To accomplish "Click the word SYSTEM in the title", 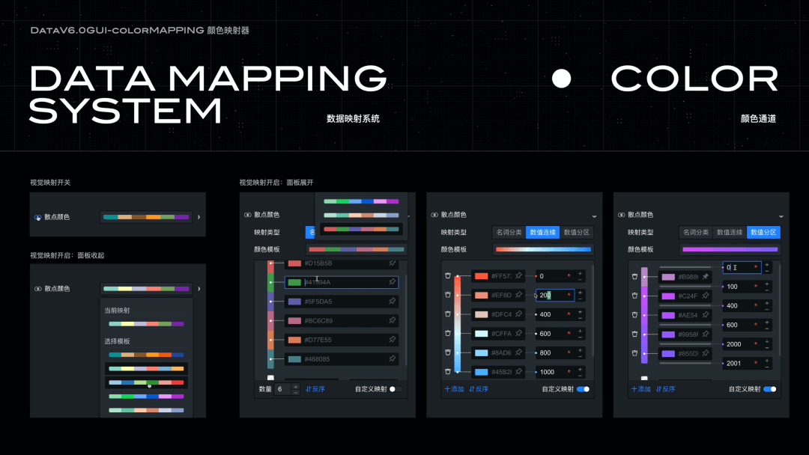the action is (125, 111).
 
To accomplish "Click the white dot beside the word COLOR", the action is (561, 79).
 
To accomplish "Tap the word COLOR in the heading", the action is (694, 79).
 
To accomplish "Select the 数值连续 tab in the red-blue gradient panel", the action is (542, 233).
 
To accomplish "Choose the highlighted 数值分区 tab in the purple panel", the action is (763, 233).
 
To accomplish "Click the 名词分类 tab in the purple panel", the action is (696, 233).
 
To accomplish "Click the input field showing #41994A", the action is (341, 282).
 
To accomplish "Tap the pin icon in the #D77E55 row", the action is (392, 340).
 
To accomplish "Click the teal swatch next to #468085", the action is (294, 359).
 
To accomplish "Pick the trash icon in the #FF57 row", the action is (447, 276).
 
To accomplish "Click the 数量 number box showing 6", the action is (283, 389).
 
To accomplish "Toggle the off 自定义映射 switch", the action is (395, 389).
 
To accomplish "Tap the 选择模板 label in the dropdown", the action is (116, 341).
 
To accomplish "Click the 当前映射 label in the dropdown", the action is (116, 311).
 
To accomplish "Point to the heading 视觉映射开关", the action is (50, 183).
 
